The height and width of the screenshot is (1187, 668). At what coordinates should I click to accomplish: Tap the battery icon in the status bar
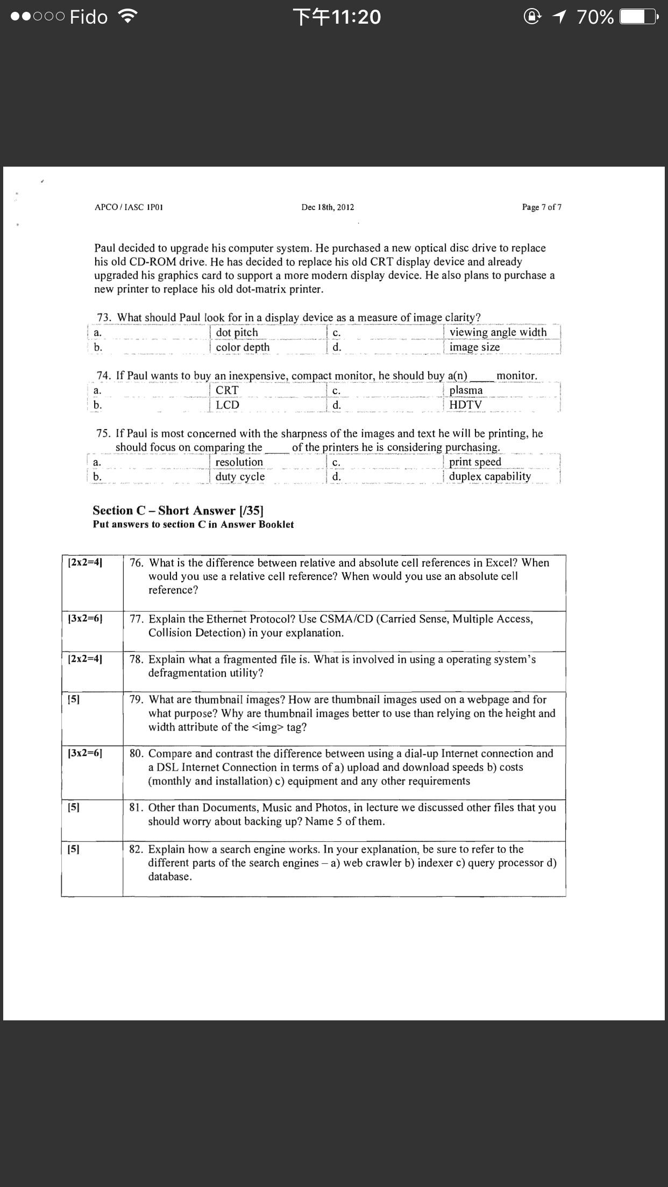(638, 17)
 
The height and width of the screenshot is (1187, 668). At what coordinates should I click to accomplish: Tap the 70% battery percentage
(595, 18)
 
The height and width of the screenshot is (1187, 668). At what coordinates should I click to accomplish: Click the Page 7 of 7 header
(541, 207)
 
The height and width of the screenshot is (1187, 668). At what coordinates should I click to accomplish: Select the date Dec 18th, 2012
(328, 208)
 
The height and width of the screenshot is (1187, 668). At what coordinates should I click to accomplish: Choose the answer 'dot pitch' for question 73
(237, 333)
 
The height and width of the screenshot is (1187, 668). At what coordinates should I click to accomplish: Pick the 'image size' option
(474, 347)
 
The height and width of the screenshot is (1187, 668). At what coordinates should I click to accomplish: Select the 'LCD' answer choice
(228, 405)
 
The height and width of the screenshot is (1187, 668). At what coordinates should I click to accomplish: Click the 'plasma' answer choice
(466, 390)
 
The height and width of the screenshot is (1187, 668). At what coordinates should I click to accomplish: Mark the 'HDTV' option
(466, 405)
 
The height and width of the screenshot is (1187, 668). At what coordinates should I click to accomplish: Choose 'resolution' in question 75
(239, 462)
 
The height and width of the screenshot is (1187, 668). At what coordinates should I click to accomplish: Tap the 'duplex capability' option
(489, 476)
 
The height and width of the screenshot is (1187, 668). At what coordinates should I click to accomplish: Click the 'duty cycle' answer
(240, 477)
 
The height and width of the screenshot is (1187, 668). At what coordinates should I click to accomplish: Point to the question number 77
(137, 619)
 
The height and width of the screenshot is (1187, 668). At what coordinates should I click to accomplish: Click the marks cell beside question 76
(86, 563)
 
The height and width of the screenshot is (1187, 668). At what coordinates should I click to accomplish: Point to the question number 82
(137, 849)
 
